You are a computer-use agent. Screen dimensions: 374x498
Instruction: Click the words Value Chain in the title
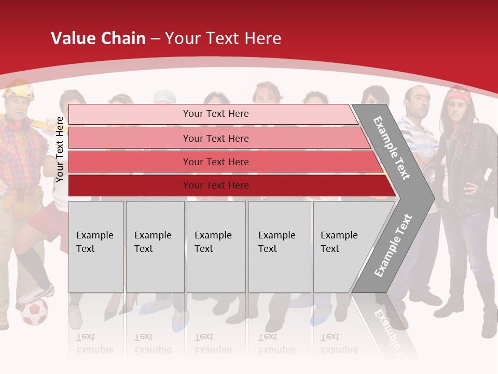click(98, 38)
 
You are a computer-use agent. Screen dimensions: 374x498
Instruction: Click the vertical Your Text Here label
click(60, 149)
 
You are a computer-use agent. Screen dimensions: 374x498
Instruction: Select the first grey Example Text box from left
click(96, 247)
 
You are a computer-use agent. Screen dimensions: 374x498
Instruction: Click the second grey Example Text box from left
click(155, 247)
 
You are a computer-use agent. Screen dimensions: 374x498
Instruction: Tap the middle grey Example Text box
click(216, 247)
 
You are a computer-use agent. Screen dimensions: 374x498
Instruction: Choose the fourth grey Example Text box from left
click(280, 247)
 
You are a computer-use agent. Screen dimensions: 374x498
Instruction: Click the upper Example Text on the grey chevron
click(392, 148)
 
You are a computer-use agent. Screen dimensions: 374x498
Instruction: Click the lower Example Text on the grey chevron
click(393, 245)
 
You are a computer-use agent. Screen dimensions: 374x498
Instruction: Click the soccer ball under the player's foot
click(34, 312)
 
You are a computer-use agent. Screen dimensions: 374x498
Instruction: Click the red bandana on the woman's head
click(459, 96)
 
